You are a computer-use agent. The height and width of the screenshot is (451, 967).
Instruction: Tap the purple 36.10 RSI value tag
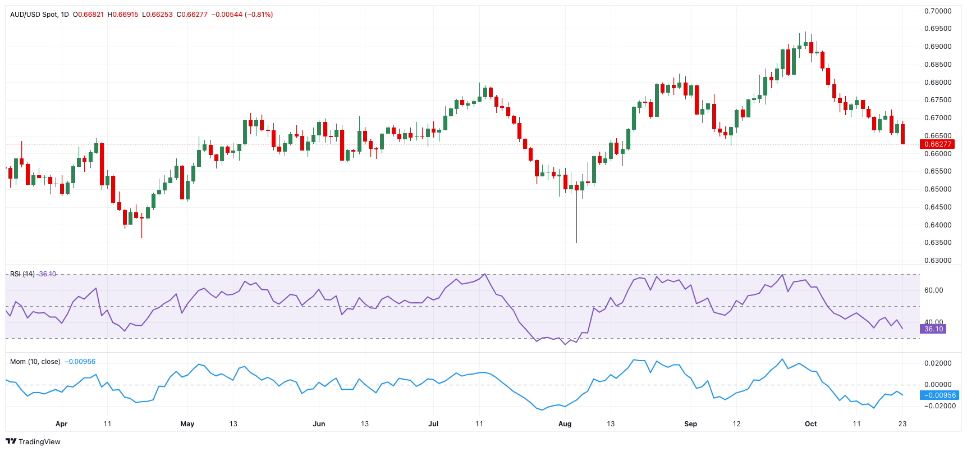pos(933,329)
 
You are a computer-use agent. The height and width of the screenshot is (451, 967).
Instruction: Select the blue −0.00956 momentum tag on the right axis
pos(939,395)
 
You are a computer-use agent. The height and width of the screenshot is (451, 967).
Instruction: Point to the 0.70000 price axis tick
pos(938,11)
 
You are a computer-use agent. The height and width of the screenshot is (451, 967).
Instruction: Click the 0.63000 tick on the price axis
pos(938,261)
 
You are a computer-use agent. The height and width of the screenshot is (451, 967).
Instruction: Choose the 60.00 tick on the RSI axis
pos(934,290)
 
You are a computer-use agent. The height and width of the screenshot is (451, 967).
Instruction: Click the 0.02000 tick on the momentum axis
pos(938,363)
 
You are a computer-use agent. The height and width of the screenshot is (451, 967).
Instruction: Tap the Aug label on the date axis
pos(565,424)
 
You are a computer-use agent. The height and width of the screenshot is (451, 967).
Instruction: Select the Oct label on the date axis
pos(810,424)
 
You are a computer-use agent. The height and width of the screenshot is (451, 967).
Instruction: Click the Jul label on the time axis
pos(433,424)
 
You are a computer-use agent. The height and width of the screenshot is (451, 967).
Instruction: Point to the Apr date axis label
pos(61,424)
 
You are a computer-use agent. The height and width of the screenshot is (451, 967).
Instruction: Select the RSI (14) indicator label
pos(22,274)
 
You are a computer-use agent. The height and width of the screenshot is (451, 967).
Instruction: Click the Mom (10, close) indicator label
pos(35,362)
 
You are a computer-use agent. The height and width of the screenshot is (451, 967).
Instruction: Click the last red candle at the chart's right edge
pos(902,134)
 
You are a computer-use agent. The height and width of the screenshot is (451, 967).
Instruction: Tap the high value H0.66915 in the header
pos(123,15)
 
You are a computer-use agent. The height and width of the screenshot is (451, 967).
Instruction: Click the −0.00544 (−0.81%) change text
pos(242,15)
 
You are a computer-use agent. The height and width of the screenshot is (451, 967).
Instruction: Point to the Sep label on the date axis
pos(690,424)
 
